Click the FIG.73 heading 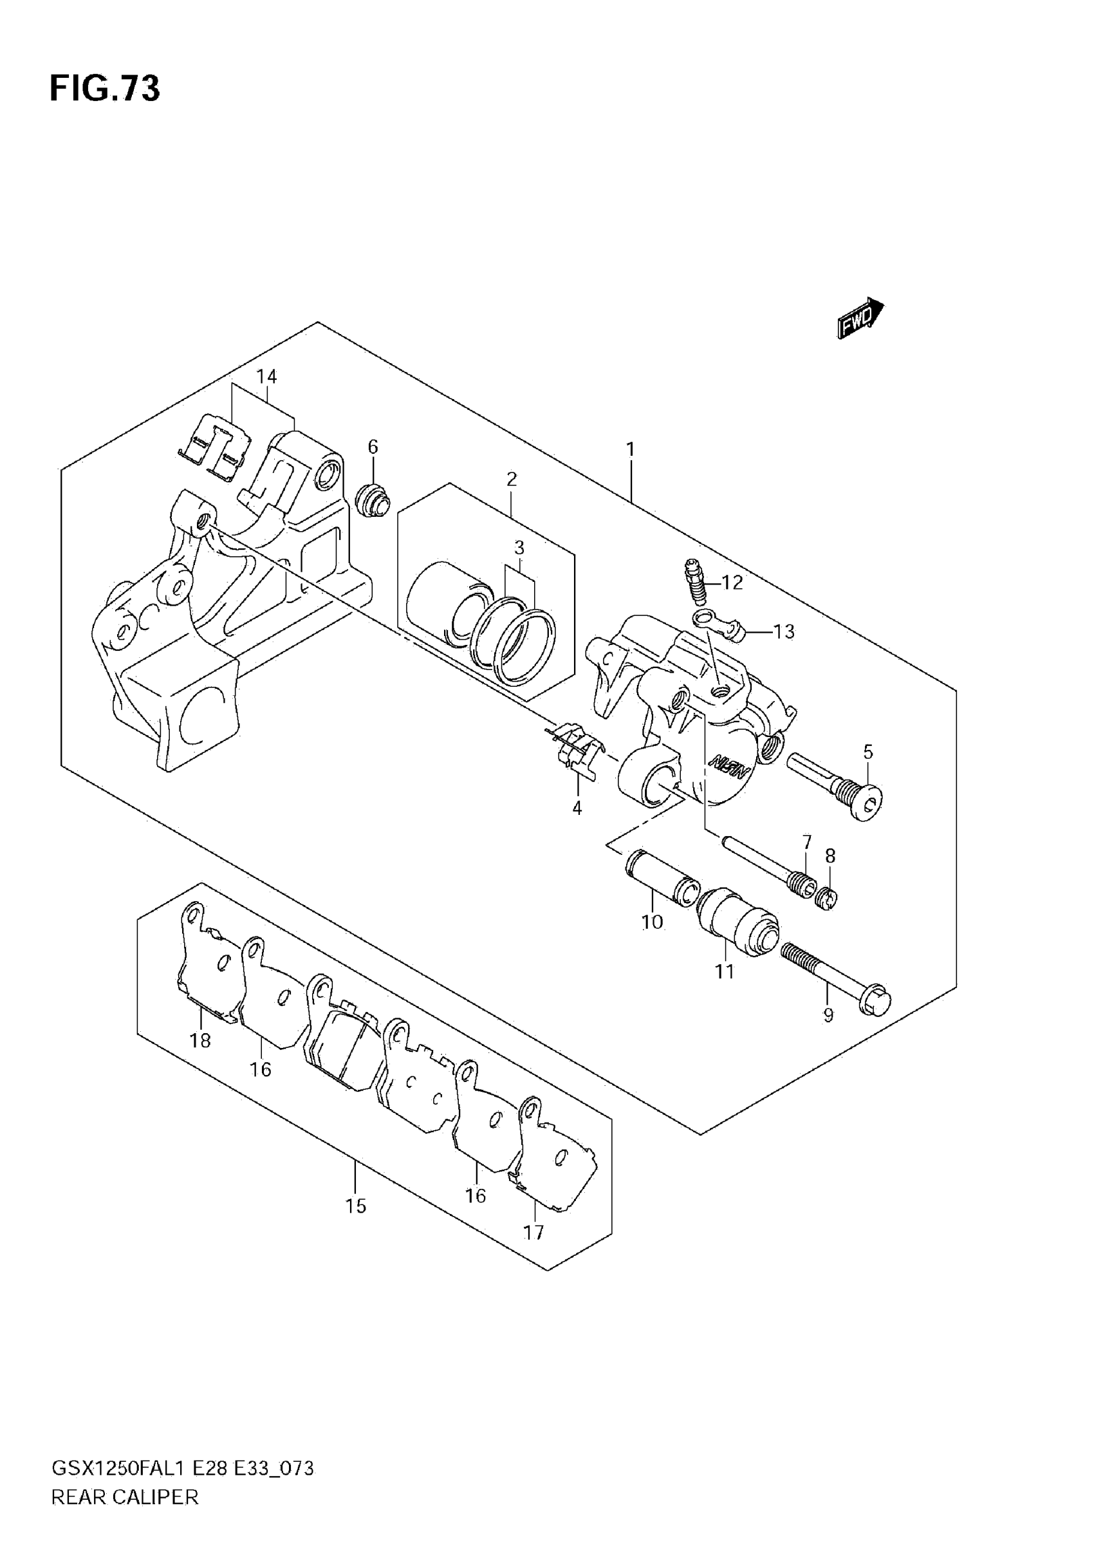(105, 88)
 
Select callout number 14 (266, 377)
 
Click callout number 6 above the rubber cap (373, 447)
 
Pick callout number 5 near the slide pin (868, 751)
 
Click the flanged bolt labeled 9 (837, 978)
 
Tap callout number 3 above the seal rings (519, 548)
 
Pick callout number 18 (200, 1040)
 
